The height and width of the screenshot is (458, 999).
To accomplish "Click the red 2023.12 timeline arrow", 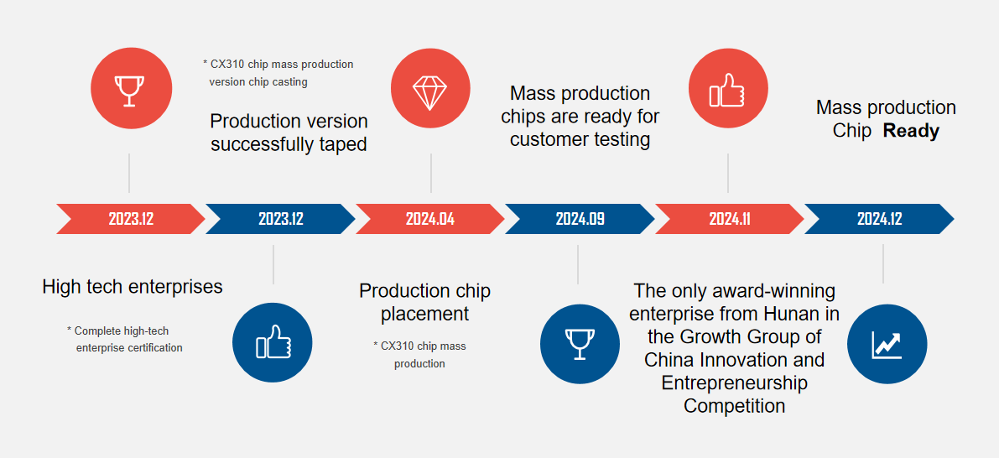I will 130,219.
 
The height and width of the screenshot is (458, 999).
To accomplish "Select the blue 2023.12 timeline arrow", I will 280,219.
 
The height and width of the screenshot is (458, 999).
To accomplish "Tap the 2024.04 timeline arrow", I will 429,219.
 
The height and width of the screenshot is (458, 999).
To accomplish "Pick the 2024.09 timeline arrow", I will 580,219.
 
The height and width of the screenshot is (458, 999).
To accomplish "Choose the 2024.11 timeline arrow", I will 729,219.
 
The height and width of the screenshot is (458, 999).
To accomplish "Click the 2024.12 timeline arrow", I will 879,219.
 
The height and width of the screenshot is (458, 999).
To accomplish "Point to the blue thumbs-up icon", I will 273,342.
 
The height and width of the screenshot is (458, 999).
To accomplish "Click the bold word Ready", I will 911,131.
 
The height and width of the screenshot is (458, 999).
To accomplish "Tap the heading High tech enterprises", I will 133,287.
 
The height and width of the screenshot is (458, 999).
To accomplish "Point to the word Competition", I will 734,406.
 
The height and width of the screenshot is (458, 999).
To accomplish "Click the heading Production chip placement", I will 424,302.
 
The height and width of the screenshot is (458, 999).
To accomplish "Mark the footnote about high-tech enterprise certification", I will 127,340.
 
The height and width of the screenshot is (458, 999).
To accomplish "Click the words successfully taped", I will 289,144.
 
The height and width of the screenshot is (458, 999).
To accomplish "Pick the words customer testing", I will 580,139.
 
